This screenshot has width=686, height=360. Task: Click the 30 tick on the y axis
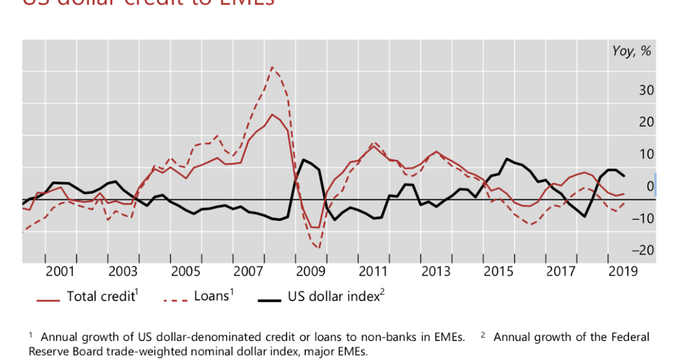[647, 90]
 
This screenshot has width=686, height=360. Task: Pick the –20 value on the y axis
[644, 250]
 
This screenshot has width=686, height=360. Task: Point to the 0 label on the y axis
[650, 186]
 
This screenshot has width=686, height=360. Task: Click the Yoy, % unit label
[632, 51]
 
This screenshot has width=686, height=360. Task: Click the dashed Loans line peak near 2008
[272, 67]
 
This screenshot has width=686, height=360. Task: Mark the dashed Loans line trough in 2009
[318, 248]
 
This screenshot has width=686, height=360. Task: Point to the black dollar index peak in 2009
[304, 159]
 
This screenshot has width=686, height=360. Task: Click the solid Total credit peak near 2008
[272, 114]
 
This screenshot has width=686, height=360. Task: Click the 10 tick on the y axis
[647, 154]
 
